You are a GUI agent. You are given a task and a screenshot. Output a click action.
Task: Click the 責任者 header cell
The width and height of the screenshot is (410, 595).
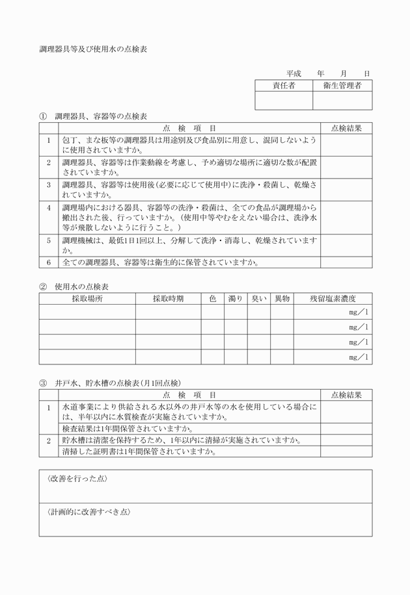284,85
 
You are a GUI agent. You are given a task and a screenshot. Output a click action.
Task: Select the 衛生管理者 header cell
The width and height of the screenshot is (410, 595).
342,85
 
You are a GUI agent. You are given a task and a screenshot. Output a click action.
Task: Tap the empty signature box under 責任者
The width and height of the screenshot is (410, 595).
284,100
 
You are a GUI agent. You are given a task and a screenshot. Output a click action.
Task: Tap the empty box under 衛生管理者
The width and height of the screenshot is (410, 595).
342,100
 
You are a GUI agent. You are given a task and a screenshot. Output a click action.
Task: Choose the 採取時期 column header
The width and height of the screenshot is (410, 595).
168,298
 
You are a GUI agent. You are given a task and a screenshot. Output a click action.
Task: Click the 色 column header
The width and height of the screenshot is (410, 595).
212,298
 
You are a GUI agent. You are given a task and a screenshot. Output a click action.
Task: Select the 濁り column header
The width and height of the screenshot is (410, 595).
235,298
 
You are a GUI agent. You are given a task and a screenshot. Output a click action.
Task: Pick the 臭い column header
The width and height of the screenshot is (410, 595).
258,298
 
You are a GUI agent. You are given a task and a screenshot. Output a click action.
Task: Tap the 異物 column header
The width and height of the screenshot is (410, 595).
282,298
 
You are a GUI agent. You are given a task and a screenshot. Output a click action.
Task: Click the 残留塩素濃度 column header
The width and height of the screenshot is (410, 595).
333,298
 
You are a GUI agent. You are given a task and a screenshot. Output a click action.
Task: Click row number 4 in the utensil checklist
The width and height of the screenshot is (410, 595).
48,208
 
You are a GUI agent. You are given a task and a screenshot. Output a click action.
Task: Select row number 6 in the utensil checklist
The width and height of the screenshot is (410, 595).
48,263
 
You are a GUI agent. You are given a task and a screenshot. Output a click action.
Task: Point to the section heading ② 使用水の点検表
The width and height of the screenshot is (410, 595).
74,286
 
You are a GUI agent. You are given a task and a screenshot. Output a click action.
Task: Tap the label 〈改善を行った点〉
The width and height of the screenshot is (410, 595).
77,479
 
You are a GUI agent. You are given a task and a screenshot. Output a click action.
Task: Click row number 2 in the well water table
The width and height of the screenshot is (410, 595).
48,440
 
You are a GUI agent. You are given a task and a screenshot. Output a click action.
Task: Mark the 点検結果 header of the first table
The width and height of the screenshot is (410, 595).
346,129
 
